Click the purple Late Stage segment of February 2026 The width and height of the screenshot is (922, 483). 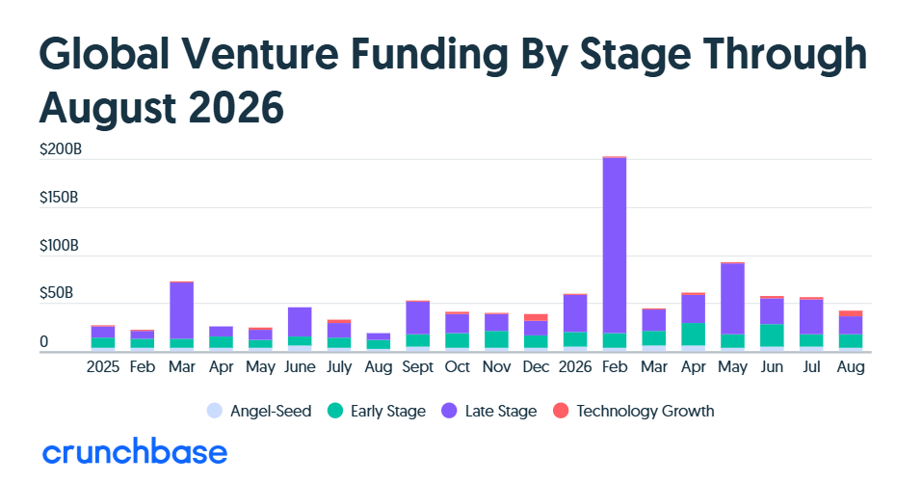click(x=615, y=245)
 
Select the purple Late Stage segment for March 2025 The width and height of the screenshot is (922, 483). click(x=182, y=310)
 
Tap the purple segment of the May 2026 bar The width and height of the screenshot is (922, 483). click(x=732, y=299)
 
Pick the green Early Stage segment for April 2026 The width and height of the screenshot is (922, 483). click(x=694, y=335)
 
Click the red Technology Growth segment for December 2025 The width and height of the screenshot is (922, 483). click(x=536, y=318)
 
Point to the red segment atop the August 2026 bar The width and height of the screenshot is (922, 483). click(x=851, y=313)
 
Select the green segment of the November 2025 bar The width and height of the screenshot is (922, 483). click(x=496, y=339)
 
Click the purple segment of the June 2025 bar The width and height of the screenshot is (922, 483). click(x=300, y=322)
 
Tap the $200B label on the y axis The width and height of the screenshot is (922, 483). click(x=61, y=149)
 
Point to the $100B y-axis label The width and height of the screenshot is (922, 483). click(x=59, y=245)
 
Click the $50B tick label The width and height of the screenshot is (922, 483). click(x=57, y=293)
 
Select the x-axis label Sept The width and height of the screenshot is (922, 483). click(x=417, y=367)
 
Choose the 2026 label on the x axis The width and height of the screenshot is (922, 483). click(x=575, y=367)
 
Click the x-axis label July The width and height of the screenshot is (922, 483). click(x=339, y=367)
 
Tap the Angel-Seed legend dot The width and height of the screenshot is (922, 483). click(x=215, y=411)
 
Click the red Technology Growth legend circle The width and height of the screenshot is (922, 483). click(x=561, y=411)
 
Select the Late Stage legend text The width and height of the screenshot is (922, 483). click(x=501, y=412)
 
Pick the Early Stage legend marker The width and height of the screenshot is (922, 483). click(x=335, y=411)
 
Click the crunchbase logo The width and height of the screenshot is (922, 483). click(x=135, y=451)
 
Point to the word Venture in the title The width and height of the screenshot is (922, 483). click(x=259, y=54)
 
